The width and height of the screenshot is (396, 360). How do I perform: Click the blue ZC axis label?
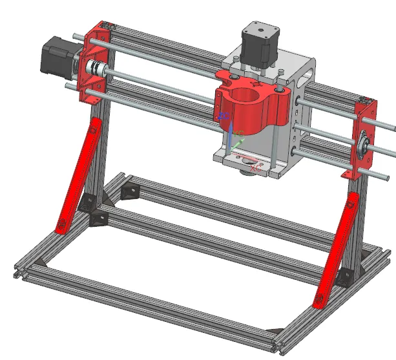tap(224, 116)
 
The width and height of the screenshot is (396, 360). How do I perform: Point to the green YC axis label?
tap(240, 134)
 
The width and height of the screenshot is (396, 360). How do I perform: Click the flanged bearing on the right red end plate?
tap(365, 142)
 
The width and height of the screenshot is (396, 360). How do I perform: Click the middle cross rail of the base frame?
tap(213, 242)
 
